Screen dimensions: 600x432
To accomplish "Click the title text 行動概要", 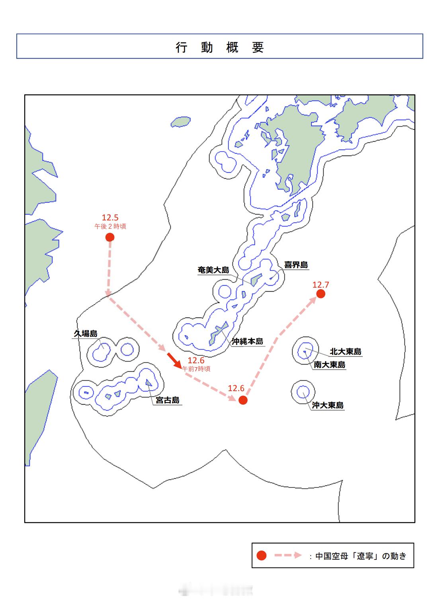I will click(220, 47).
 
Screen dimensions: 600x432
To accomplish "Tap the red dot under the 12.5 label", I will click(110, 237).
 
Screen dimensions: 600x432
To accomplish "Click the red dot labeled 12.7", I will click(321, 294).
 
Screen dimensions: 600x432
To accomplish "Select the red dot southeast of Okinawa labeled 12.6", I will click(243, 400).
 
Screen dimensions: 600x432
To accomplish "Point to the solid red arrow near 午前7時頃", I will click(174, 359).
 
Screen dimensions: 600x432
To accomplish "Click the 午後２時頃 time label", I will click(110, 226).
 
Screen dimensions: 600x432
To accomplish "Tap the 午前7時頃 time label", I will click(196, 369).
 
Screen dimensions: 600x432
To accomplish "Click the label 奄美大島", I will click(214, 270).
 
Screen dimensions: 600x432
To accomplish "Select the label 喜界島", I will click(296, 265).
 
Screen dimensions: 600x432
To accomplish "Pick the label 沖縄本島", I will click(248, 341).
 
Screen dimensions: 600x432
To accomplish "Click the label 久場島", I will click(86, 333).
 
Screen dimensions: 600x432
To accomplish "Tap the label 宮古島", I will click(168, 400).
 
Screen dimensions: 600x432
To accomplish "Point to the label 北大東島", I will click(346, 352).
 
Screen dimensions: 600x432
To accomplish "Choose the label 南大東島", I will click(329, 364).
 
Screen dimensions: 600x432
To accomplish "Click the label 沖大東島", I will click(328, 405).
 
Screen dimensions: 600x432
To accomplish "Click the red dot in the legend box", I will click(262, 555).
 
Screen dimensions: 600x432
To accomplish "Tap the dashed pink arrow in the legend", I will click(288, 555).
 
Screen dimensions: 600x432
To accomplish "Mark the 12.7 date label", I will click(321, 284).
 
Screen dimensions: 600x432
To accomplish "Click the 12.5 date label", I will click(110, 217).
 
